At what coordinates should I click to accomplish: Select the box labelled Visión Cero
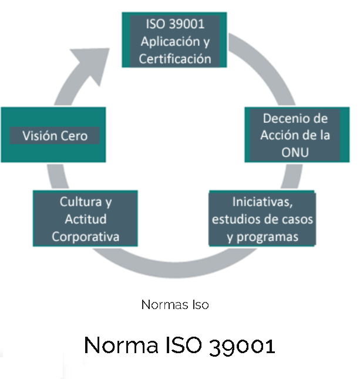(x=54, y=135)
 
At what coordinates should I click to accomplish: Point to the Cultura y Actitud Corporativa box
(x=86, y=219)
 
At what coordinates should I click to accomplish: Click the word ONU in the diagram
(x=295, y=152)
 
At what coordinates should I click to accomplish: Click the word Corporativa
(x=86, y=237)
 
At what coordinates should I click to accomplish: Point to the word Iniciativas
(x=263, y=202)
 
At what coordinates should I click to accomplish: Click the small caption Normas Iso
(x=175, y=304)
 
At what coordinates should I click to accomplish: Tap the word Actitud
(x=86, y=219)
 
